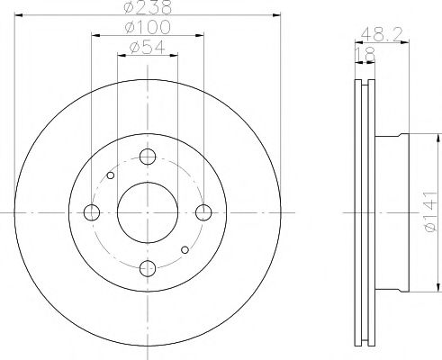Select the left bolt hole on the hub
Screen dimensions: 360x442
coord(91,213)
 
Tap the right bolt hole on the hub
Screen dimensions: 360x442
coord(203,213)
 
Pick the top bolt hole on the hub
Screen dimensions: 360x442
coord(148,157)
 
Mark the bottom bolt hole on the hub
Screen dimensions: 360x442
coord(148,268)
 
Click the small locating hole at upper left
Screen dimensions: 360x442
coord(110,176)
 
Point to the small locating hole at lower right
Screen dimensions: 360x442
coord(185,249)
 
